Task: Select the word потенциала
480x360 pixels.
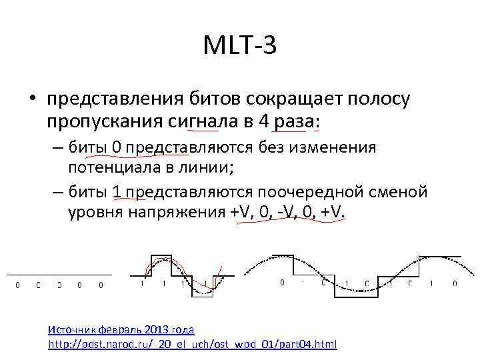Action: coord(111,167)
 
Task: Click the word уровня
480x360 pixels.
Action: coord(92,213)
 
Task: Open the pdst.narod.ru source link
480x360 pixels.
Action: coord(193,345)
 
